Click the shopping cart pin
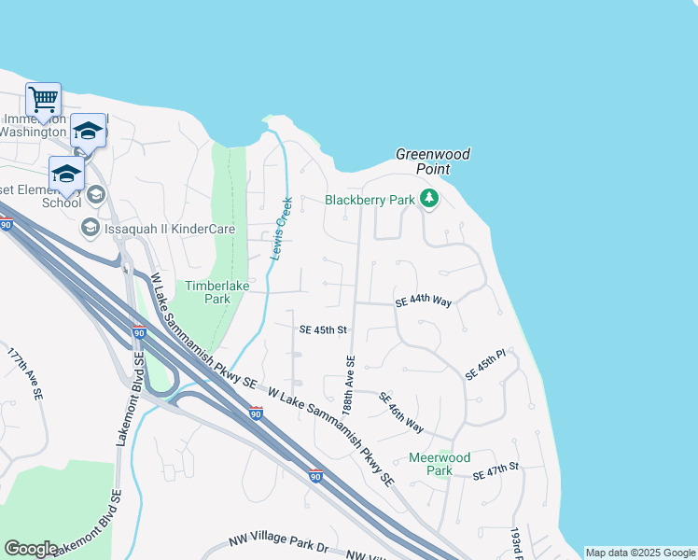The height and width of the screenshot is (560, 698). coord(43,98)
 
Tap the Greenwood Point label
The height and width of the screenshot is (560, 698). coord(433,161)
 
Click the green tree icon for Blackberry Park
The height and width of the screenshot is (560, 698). coord(428,199)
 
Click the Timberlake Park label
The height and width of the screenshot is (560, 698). coord(207,292)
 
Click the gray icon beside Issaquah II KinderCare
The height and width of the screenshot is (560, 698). coord(90,228)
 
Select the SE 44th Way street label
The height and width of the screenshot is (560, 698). coord(423,301)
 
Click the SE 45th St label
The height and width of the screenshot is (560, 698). coord(323,329)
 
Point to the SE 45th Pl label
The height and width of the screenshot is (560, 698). coord(484,364)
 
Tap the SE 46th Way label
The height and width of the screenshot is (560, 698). coord(401,413)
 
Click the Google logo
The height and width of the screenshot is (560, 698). coord(31,549)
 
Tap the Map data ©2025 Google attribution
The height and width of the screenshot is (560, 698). coord(640,553)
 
